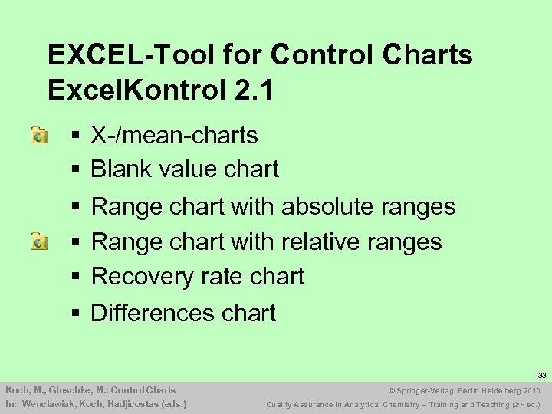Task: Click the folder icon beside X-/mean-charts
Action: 39,136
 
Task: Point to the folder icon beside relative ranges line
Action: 39,242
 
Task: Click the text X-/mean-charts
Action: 174,136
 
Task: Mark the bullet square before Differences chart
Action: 76,313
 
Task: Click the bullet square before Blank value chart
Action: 76,169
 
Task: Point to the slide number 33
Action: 541,376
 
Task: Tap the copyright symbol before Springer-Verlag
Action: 393,391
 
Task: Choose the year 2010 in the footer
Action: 532,391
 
